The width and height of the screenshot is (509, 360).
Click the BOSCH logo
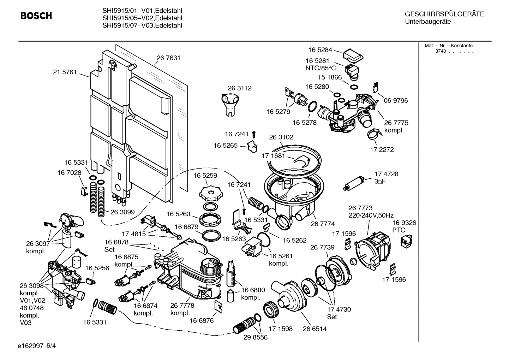pos(36,16)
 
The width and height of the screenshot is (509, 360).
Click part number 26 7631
pos(168,58)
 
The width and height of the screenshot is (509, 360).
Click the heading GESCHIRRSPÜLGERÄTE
pos(444,14)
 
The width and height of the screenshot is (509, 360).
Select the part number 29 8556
pos(256,337)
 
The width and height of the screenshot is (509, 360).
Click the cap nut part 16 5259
pos(210,193)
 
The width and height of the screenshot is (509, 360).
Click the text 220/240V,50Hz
pos(371,215)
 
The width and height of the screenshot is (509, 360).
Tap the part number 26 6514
pos(315,329)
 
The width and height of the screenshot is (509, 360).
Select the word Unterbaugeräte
pos(428,22)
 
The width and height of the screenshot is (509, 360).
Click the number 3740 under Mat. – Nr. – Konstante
pos(440,51)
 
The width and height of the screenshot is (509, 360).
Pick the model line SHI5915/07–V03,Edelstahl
pos(142,25)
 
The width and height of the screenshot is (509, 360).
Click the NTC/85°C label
pos(321,68)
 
